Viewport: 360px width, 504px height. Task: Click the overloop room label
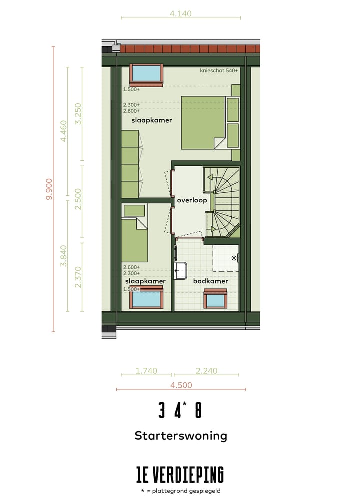point(192,200)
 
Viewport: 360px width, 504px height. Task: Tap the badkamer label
point(210,281)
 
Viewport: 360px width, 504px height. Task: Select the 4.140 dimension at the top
point(180,14)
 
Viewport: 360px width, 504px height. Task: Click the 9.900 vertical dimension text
point(48,189)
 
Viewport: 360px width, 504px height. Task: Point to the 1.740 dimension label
point(146,371)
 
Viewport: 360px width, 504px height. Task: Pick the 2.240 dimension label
point(206,371)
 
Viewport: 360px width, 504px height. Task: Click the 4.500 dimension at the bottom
point(181,385)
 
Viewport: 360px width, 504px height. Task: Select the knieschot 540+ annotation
point(218,71)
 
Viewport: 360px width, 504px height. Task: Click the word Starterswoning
point(180,435)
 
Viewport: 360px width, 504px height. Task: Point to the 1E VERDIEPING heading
point(180,474)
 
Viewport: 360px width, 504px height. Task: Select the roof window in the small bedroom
point(146,299)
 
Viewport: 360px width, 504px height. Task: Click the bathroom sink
point(180,270)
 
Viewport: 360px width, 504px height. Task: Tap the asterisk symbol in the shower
point(234,258)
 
